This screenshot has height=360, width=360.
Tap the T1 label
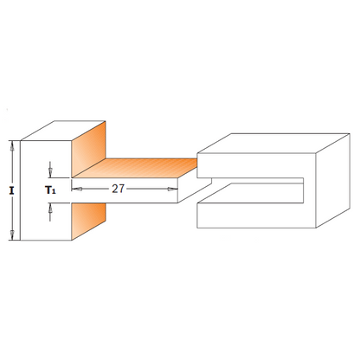tap(50, 186)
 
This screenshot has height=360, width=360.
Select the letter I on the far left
tap(10, 188)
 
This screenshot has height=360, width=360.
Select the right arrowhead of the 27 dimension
tap(173, 187)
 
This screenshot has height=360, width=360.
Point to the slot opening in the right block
tap(251, 188)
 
